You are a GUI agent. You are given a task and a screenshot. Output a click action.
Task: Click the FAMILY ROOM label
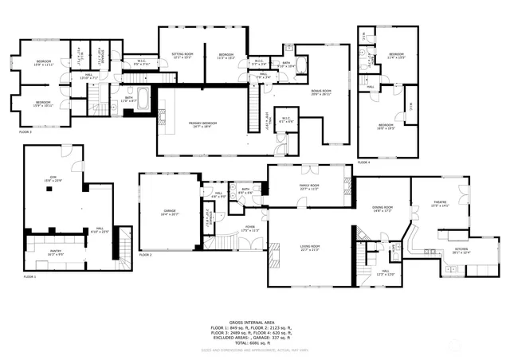pos(308,187)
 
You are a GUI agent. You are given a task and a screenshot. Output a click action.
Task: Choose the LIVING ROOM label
pos(310,248)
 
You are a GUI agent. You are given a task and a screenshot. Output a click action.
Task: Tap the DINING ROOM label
pos(383,209)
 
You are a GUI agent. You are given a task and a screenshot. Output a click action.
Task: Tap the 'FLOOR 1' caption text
pos(30,276)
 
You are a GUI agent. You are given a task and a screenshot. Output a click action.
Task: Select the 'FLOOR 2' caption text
pos(145,255)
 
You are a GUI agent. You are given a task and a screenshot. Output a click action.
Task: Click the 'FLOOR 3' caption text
pos(25,132)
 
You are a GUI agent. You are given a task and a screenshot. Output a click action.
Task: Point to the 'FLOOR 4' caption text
pos(363,162)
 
